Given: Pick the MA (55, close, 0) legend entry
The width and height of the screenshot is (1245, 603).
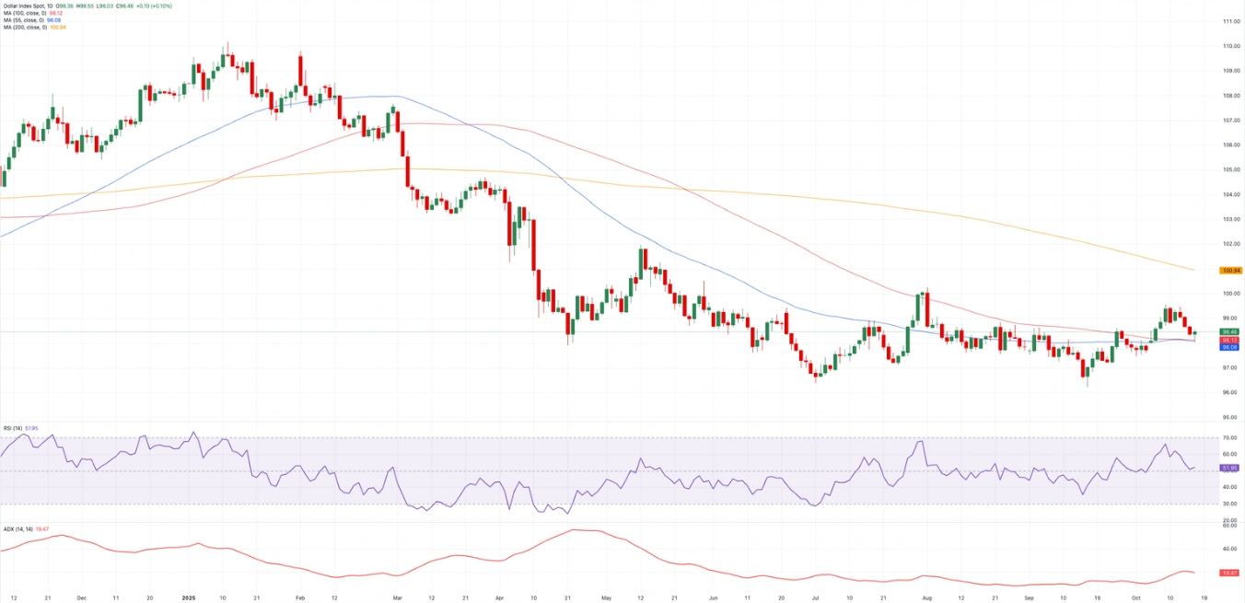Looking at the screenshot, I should tap(21, 20).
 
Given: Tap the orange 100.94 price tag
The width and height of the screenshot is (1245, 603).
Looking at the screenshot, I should tap(1229, 271).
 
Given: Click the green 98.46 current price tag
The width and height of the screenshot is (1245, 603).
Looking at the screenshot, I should tap(1229, 331).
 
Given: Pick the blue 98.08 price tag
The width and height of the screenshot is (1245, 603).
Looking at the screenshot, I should tap(1229, 348).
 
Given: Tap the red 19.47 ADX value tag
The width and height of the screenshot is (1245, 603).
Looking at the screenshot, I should tap(1229, 573).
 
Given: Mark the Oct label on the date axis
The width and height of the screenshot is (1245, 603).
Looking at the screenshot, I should tap(1136, 597).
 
